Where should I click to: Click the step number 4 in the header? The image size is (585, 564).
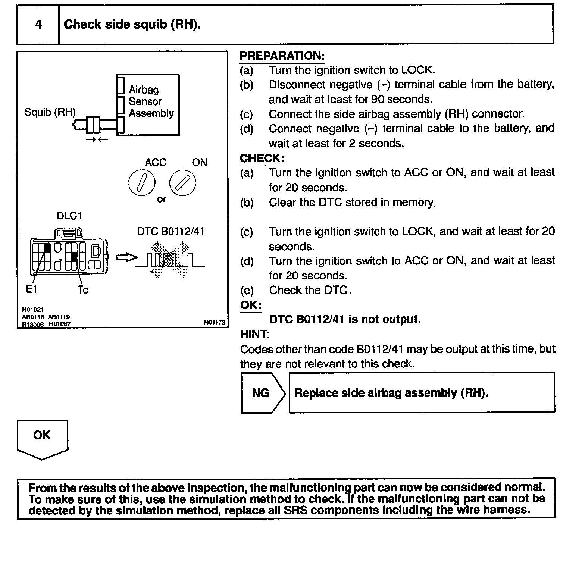pyautogui.click(x=38, y=25)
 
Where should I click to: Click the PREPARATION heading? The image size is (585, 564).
pyautogui.click(x=282, y=56)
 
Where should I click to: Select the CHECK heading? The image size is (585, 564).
pyautogui.click(x=262, y=158)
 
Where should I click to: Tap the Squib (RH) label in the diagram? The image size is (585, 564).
pyautogui.click(x=50, y=112)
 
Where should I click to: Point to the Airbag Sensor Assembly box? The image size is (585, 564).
pyautogui.click(x=148, y=105)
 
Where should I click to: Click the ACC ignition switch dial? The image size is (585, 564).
pyautogui.click(x=142, y=183)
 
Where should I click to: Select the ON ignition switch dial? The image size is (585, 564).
pyautogui.click(x=182, y=183)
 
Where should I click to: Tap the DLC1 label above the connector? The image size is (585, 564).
pyautogui.click(x=69, y=216)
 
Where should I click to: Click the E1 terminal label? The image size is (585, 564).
pyautogui.click(x=31, y=289)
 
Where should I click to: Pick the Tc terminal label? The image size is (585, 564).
pyautogui.click(x=82, y=290)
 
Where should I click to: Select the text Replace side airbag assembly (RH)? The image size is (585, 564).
pyautogui.click(x=391, y=393)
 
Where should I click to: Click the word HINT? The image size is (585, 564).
pyautogui.click(x=254, y=334)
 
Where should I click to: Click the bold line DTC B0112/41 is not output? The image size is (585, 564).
pyautogui.click(x=345, y=319)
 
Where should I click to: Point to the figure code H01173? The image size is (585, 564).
pyautogui.click(x=215, y=322)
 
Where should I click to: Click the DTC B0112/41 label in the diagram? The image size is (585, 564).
pyautogui.click(x=171, y=231)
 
